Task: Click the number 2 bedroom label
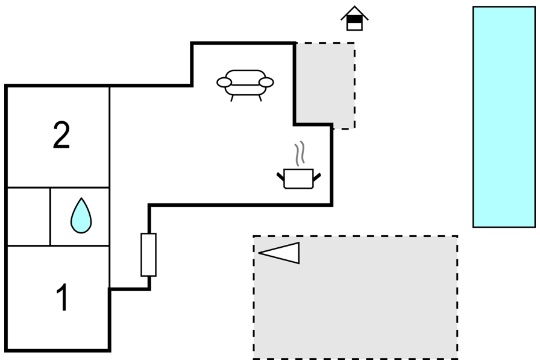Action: pyautogui.click(x=61, y=135)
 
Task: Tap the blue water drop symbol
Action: pyautogui.click(x=81, y=216)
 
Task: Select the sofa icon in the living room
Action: pyautogui.click(x=245, y=86)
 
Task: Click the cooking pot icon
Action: pyautogui.click(x=298, y=178)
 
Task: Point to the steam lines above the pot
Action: pyautogui.click(x=300, y=153)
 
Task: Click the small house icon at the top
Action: pyautogui.click(x=354, y=19)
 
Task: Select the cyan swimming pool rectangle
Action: pyautogui.click(x=504, y=117)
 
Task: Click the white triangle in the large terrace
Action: pyautogui.click(x=279, y=253)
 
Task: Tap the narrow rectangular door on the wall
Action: pyautogui.click(x=148, y=254)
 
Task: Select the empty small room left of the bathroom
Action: pyautogui.click(x=28, y=216)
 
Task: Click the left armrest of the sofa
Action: pyautogui.click(x=224, y=83)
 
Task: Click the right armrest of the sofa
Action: pyautogui.click(x=266, y=83)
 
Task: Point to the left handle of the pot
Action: pyautogui.click(x=281, y=177)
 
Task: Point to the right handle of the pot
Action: pyautogui.click(x=317, y=177)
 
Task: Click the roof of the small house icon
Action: pyautogui.click(x=354, y=13)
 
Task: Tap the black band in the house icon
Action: pyautogui.click(x=354, y=19)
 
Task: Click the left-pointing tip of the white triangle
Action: pyautogui.click(x=259, y=253)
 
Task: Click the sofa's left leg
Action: pyautogui.click(x=232, y=98)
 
